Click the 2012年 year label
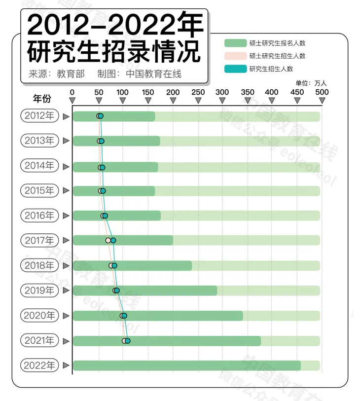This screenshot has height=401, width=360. [x=39, y=116]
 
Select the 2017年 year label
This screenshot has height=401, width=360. [x=39, y=241]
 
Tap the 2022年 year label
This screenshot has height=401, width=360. [x=39, y=365]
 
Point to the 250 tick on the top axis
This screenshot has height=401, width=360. [x=197, y=92]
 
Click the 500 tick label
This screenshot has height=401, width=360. [x=322, y=92]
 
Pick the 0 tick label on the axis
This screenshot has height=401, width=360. [x=72, y=92]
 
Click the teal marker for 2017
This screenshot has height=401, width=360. [x=113, y=240]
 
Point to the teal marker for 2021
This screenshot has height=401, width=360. [x=127, y=340]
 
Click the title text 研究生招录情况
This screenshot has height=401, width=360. [x=114, y=52]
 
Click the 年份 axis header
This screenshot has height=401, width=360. [x=42, y=98]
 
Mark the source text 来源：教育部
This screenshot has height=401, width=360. [x=57, y=74]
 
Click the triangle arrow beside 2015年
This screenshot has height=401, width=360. [x=66, y=191]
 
